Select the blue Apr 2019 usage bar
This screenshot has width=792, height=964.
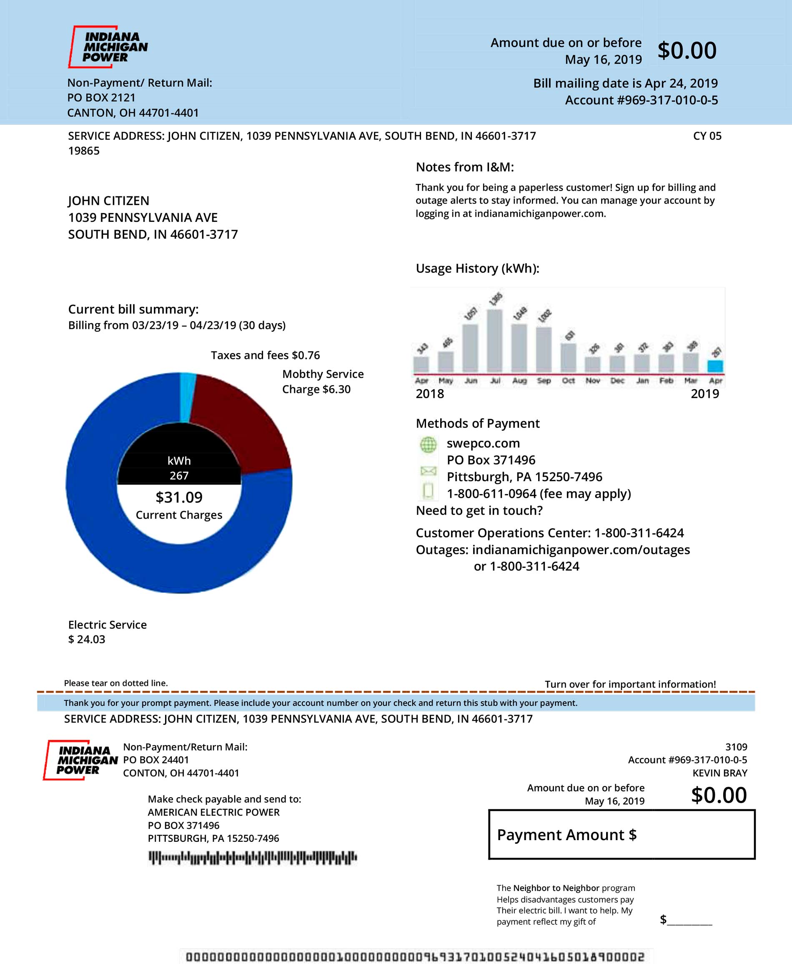[715, 366]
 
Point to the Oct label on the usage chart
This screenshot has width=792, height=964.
[568, 381]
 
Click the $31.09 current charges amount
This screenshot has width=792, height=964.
[179, 497]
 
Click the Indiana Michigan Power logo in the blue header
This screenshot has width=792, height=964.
[108, 47]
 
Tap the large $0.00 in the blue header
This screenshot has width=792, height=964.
[687, 50]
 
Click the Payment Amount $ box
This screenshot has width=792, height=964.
[622, 834]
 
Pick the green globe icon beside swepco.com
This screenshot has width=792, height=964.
[428, 444]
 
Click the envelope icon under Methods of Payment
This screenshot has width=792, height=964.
[428, 470]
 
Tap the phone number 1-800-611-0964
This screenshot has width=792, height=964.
[491, 494]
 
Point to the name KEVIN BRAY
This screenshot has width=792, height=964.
[719, 773]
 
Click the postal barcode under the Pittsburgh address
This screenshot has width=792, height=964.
[252, 858]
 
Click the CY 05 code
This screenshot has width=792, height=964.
[707, 136]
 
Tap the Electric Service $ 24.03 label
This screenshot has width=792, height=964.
[107, 632]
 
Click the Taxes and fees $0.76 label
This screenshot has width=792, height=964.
[265, 355]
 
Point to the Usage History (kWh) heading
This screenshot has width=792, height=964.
[477, 268]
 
